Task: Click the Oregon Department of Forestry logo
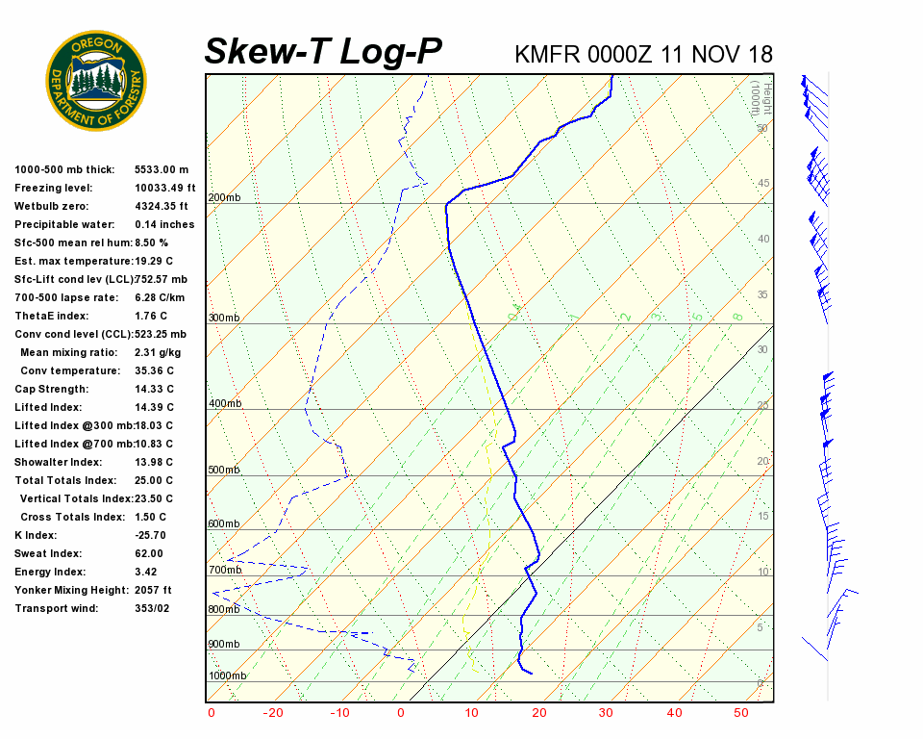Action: [96, 80]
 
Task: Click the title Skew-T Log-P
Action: [323, 52]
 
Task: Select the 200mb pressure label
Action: [224, 198]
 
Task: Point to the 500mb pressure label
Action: [224, 471]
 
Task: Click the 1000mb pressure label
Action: [227, 676]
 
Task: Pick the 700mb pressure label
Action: [224, 571]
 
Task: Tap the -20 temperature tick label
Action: [274, 713]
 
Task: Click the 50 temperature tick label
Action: [740, 713]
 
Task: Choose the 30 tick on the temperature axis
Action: [606, 713]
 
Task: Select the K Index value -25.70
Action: [151, 535]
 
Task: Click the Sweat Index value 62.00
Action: [149, 553]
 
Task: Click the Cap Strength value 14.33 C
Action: [154, 389]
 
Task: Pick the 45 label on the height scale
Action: [763, 184]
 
